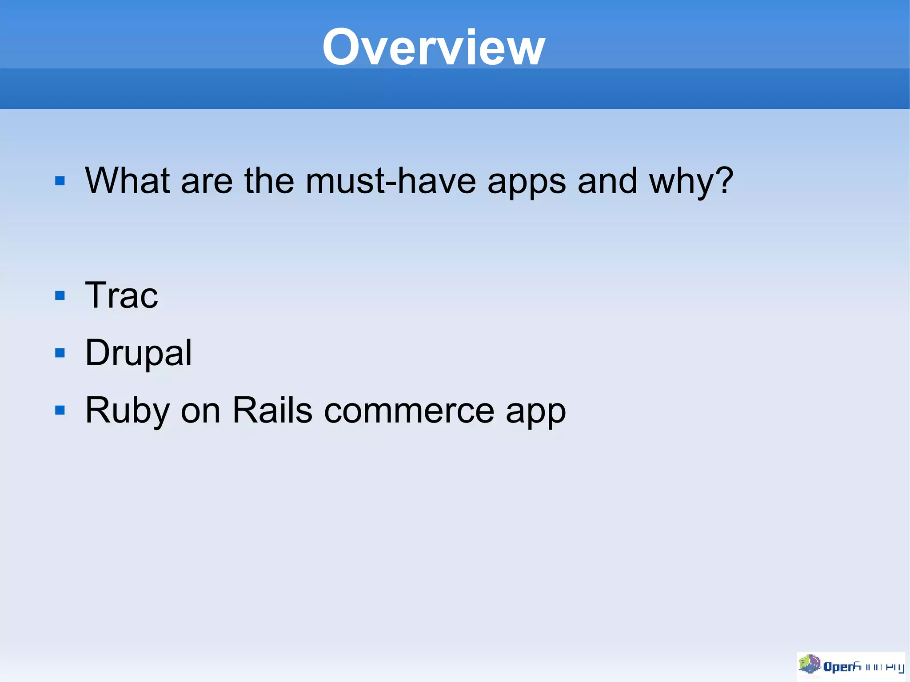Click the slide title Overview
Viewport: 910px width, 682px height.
(x=433, y=47)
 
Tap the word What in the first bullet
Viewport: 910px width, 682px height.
(x=128, y=181)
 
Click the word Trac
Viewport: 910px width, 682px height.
(x=121, y=295)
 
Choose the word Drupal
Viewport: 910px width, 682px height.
(x=139, y=353)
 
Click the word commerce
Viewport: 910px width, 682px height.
(x=409, y=411)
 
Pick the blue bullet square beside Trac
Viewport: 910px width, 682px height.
(x=60, y=296)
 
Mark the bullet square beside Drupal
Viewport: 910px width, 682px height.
(x=60, y=353)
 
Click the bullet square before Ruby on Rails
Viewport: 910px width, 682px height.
(x=60, y=410)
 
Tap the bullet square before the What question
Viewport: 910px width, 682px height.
(x=60, y=181)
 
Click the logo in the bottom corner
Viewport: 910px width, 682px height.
(x=850, y=666)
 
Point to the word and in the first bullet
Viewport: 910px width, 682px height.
(x=607, y=181)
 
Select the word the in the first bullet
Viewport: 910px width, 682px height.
(x=269, y=181)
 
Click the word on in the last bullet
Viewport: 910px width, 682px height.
(x=200, y=411)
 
